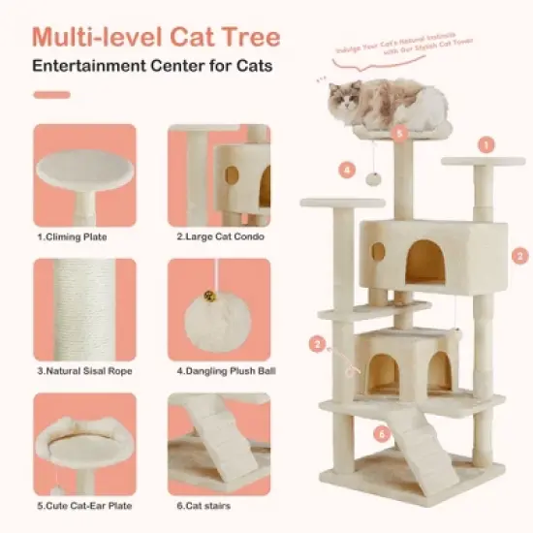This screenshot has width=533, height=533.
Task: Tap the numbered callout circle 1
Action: pos(486,144)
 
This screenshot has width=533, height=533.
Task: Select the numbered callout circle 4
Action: pos(348,170)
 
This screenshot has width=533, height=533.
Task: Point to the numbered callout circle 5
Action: pos(398,133)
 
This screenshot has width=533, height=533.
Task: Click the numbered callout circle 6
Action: pos(382,435)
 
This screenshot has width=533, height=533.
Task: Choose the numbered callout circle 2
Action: pos(317,343)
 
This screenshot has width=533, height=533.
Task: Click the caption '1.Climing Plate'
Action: pos(72,235)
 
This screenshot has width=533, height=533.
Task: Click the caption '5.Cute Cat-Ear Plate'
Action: pos(84,504)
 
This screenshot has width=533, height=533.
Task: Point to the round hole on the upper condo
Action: pos(378,252)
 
